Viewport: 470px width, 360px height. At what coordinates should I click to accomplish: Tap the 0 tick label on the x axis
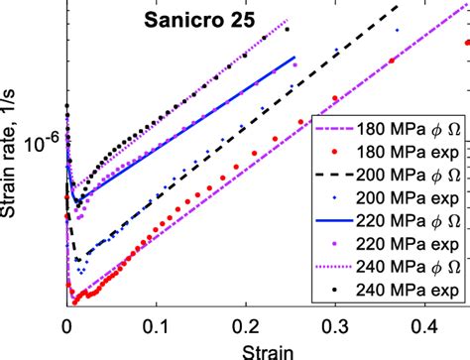(67, 324)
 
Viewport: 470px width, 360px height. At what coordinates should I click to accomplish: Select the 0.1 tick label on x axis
(154, 324)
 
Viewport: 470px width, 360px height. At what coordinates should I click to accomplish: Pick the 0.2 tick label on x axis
(240, 324)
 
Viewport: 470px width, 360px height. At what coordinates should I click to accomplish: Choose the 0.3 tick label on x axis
(326, 324)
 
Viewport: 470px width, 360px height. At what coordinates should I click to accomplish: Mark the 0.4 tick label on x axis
(412, 324)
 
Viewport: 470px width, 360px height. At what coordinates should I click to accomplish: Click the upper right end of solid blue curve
(294, 58)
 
